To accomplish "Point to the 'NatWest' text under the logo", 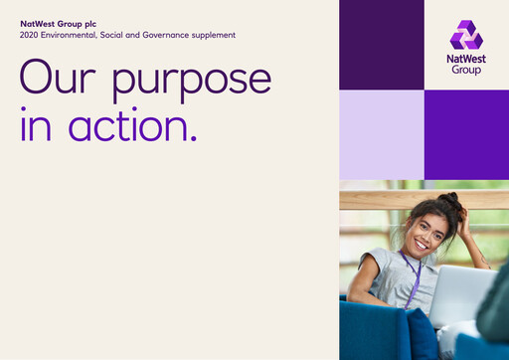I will coord(465,60).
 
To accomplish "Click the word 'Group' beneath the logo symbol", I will coord(465,71).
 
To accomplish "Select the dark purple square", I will coord(381,45).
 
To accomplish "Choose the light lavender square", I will coord(381,134).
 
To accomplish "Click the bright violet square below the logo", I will coord(466,134).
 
